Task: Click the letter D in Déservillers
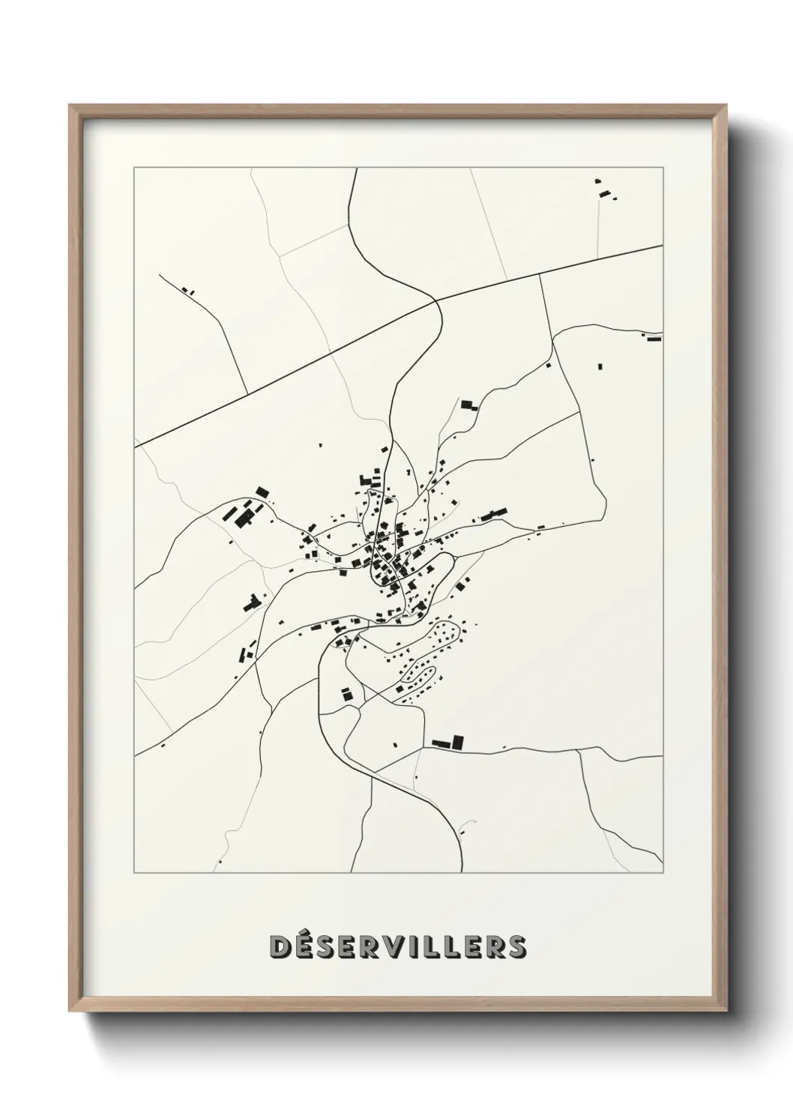pyautogui.click(x=280, y=946)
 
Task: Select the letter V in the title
pyautogui.click(x=402, y=946)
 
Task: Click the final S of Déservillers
pyautogui.click(x=516, y=946)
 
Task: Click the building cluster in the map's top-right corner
pyautogui.click(x=604, y=190)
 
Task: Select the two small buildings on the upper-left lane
pyautogui.click(x=187, y=290)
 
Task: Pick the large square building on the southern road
pyautogui.click(x=458, y=743)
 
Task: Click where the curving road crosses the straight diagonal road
pyautogui.click(x=437, y=301)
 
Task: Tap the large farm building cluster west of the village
pyautogui.click(x=242, y=516)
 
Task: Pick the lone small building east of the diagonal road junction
pyautogui.click(x=600, y=366)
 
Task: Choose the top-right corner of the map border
pyautogui.click(x=663, y=168)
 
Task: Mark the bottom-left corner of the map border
pyautogui.click(x=134, y=873)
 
